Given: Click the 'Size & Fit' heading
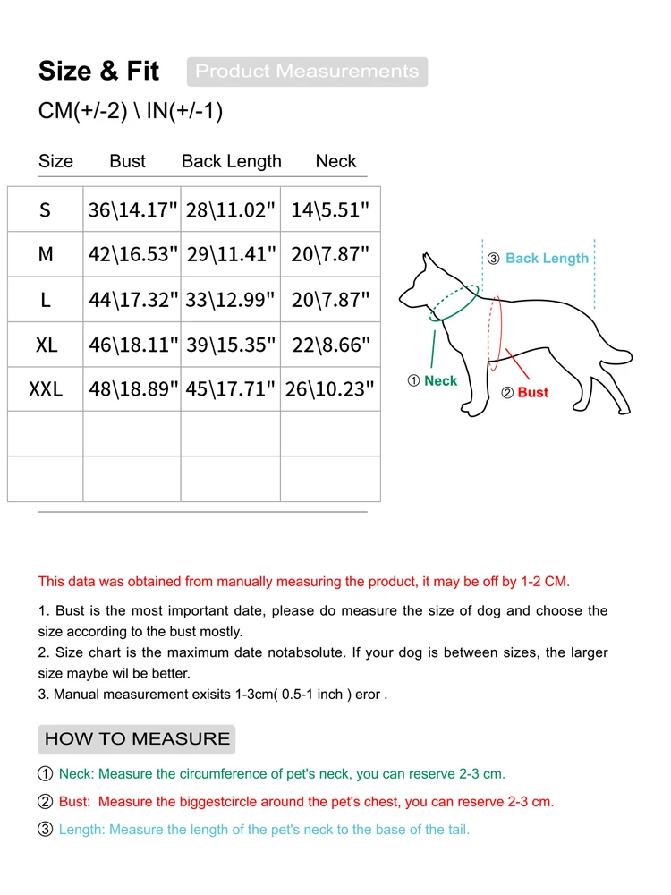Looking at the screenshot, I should (98, 72).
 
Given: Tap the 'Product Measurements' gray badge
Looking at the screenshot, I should (307, 72).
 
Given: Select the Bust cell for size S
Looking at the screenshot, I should (133, 210).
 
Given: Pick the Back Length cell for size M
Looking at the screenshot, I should (231, 255).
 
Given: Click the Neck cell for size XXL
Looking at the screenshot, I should (330, 389).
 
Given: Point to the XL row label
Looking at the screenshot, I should (46, 345).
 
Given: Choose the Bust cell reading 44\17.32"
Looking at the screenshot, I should (133, 300).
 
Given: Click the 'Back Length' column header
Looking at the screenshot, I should (231, 161).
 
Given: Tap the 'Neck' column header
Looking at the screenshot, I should (335, 161).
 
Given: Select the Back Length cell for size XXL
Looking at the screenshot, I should (231, 389).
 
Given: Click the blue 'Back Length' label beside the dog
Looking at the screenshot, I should (547, 259).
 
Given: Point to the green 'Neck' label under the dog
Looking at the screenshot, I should (440, 381).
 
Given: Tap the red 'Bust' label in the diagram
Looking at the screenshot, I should (532, 393).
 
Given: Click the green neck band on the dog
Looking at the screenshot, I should (454, 306).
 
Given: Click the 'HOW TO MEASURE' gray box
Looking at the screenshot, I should (137, 739).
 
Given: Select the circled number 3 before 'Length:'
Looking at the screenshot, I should (46, 830).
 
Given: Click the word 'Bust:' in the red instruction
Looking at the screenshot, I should (76, 802).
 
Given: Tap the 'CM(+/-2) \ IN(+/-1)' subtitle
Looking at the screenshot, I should (131, 111).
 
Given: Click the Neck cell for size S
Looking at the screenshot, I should (330, 210).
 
